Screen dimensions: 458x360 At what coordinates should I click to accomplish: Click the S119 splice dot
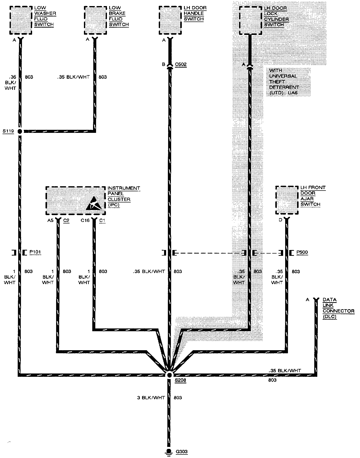19,131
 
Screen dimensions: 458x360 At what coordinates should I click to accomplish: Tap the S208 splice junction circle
169,375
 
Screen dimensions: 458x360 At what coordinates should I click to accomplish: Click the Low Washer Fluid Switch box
21,20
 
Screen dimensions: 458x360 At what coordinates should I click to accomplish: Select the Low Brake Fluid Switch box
95,20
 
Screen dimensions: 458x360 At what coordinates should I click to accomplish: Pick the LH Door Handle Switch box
170,20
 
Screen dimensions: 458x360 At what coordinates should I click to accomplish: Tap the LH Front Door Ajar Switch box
287,200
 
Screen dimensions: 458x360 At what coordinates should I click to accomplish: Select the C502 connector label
181,64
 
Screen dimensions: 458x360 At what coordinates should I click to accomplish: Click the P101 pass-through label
35,252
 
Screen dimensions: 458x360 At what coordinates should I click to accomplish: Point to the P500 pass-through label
302,252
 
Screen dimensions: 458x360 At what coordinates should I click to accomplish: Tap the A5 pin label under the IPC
50,220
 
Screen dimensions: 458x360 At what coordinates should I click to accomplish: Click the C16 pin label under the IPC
85,220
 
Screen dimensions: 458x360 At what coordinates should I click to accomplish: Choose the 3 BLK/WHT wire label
151,398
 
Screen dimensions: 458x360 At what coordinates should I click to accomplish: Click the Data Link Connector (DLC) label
338,308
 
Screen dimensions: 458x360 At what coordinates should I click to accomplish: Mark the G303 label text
182,452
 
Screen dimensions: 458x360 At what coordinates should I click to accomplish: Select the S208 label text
181,380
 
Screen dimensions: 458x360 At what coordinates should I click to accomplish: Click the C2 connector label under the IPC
66,220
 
